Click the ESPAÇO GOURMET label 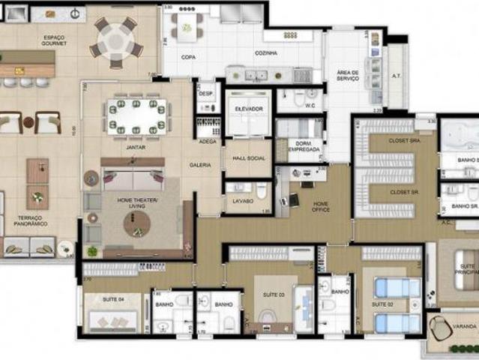coord(55,40)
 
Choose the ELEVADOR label coord(249,109)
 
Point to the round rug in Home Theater coord(136,221)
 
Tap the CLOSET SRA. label coord(404,140)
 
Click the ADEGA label coord(207,141)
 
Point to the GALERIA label coord(199,165)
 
